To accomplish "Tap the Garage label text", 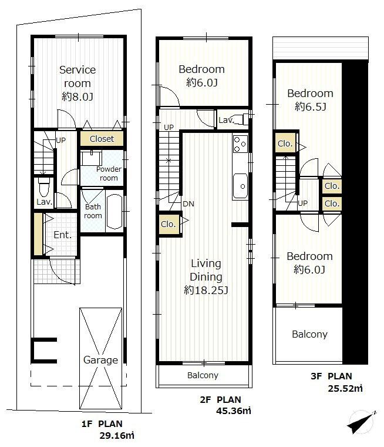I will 100,360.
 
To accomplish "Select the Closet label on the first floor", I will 102,139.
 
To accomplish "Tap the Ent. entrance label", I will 62,235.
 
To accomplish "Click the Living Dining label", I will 205,270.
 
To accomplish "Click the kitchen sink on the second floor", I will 240,186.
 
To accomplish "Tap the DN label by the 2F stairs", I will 188,204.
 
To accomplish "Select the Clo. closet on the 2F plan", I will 168,223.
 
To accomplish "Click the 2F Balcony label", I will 203,375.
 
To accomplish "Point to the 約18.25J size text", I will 205,290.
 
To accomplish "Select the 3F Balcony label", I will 309,334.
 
